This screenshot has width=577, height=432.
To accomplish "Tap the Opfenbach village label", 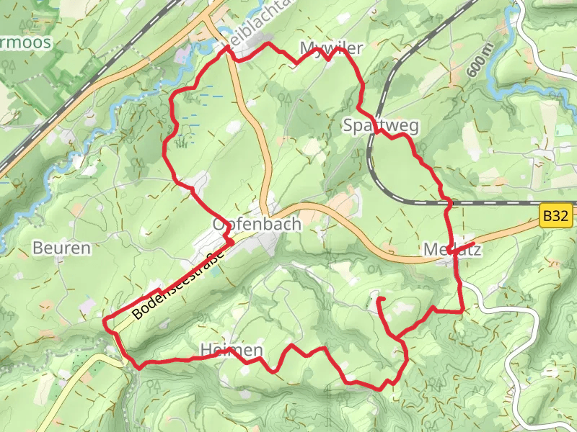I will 256,225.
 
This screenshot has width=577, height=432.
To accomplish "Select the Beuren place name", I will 62,248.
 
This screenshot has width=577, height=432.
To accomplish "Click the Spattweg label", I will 381,125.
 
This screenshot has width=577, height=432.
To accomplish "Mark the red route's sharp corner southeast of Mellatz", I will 462,311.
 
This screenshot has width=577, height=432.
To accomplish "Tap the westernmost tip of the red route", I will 105,319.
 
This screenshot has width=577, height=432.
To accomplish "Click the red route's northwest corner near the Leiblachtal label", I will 228,47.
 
